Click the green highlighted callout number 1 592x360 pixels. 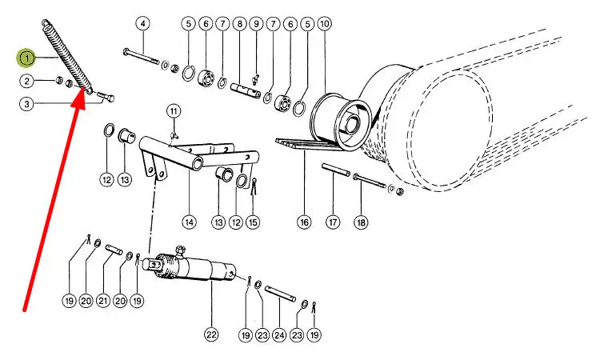click(x=27, y=58)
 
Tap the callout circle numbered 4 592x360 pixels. click(x=142, y=24)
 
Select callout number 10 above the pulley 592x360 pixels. click(x=325, y=24)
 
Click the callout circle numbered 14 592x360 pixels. click(x=189, y=222)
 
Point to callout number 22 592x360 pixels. click(x=211, y=334)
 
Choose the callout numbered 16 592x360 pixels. click(x=304, y=222)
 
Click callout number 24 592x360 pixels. click(x=279, y=334)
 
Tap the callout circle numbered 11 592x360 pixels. click(x=174, y=111)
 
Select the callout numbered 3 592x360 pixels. click(x=26, y=104)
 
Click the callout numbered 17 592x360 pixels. click(x=333, y=222)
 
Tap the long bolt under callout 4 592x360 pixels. click(x=142, y=57)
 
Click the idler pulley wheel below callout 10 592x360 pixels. click(x=340, y=121)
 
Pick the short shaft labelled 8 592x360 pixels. click(x=246, y=91)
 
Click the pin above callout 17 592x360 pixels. click(x=336, y=170)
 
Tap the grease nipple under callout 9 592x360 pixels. click(x=256, y=80)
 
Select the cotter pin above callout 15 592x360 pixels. click(x=254, y=186)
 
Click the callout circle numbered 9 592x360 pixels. click(x=256, y=24)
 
